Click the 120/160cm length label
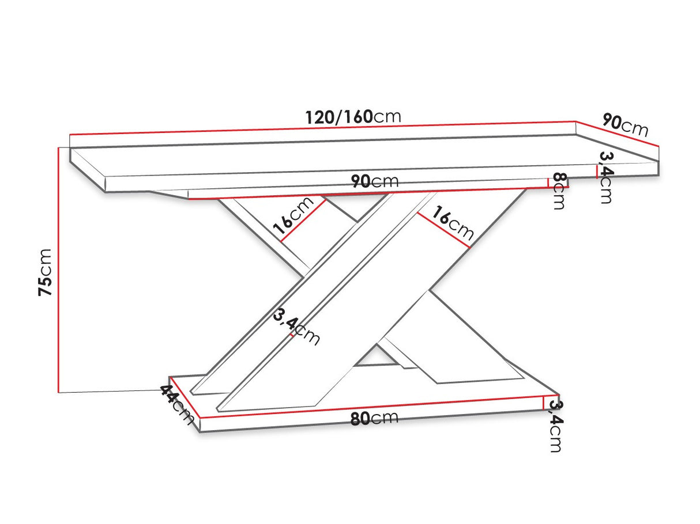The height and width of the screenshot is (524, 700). click(353, 117)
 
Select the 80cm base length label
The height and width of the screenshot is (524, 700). click(374, 417)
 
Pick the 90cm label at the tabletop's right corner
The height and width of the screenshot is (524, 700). click(625, 125)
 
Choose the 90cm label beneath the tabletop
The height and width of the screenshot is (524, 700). click(375, 181)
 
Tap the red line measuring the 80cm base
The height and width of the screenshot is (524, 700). click(371, 407)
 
